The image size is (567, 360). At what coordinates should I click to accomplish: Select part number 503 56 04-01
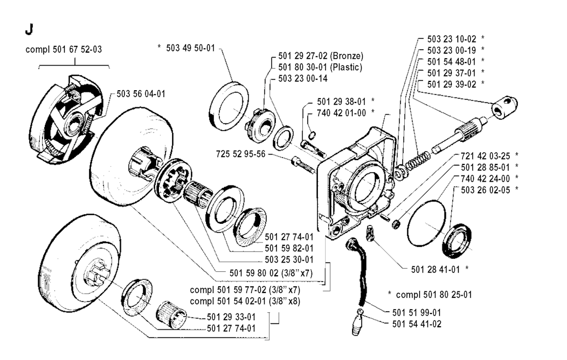click(x=141, y=94)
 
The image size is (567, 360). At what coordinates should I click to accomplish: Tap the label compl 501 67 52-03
click(x=64, y=50)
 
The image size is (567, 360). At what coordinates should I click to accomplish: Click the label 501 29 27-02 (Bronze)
click(x=317, y=56)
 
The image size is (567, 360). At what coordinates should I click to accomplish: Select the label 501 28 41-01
click(x=436, y=270)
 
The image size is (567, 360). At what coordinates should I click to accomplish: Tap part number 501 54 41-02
click(x=416, y=323)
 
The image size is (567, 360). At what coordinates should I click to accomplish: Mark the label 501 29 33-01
click(x=231, y=317)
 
